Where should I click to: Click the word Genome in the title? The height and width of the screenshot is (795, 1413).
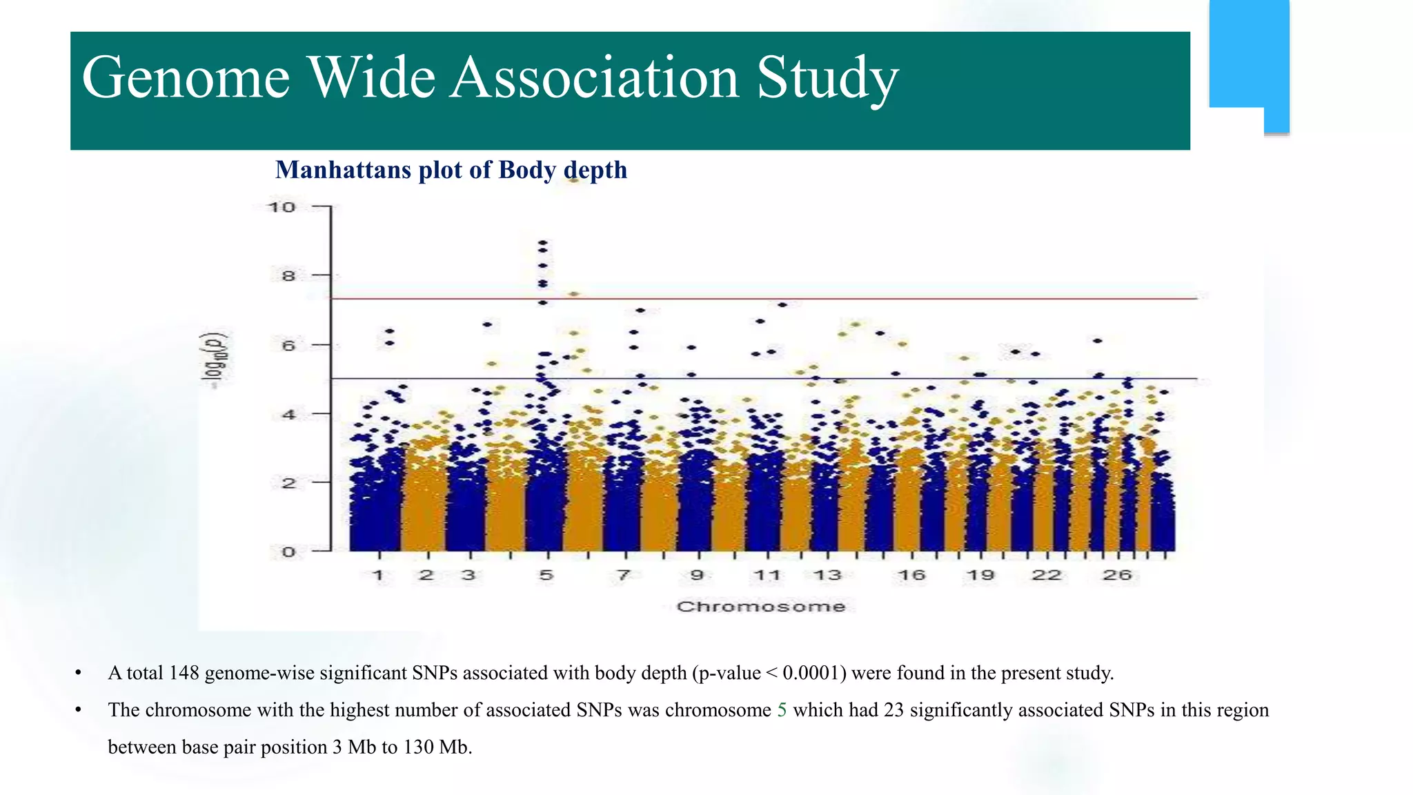185,77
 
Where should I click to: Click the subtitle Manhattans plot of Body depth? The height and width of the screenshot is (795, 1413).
451,170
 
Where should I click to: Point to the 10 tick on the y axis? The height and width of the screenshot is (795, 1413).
281,207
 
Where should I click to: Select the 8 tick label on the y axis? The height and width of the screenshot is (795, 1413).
287,276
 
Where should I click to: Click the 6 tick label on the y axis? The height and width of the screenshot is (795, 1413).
288,345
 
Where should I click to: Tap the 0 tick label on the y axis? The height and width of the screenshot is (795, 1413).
288,551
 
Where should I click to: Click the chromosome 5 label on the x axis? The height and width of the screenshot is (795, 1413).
546,575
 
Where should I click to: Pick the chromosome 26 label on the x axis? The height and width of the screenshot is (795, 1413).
1116,575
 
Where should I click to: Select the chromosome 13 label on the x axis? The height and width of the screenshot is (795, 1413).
827,575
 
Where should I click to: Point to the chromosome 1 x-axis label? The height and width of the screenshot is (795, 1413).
378,575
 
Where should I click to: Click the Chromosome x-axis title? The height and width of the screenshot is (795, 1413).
760,607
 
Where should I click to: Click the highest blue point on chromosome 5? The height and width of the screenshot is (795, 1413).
543,243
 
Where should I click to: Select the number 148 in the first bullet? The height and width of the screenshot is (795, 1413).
184,673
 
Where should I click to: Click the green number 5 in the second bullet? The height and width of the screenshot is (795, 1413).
782,710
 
